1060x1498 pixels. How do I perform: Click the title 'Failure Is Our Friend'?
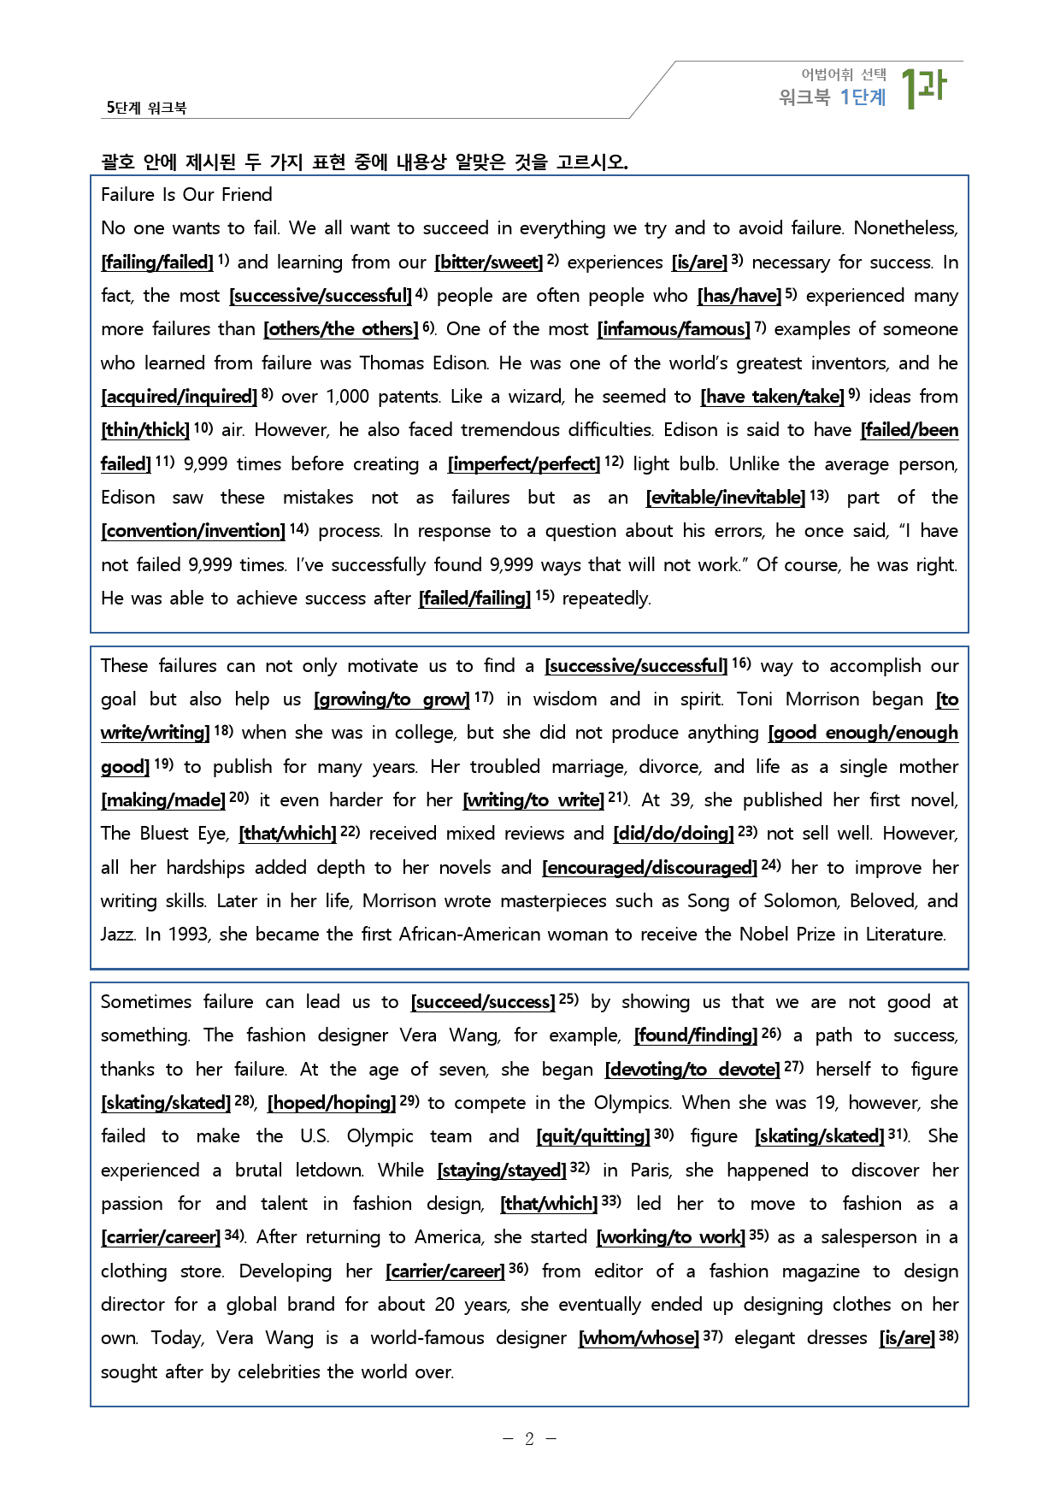(186, 195)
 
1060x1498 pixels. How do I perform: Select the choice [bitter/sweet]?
(488, 262)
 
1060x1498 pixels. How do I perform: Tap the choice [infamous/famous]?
(673, 329)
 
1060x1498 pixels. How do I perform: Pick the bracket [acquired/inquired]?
(179, 397)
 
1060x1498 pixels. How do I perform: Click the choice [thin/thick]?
(144, 430)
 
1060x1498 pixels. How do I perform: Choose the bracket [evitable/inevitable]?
(725, 498)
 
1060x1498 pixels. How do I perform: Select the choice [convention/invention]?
(192, 531)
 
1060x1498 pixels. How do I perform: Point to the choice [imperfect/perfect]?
(523, 464)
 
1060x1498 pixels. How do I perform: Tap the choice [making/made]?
(162, 800)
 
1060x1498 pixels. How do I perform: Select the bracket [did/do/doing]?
(673, 834)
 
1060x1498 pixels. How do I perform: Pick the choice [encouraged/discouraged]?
(649, 868)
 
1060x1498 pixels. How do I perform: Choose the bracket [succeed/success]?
(482, 1002)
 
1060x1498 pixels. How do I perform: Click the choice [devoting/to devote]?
(692, 1070)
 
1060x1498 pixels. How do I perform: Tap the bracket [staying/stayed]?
(501, 1171)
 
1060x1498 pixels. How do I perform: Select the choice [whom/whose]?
(638, 1338)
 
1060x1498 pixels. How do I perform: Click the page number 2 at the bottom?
(529, 1439)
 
